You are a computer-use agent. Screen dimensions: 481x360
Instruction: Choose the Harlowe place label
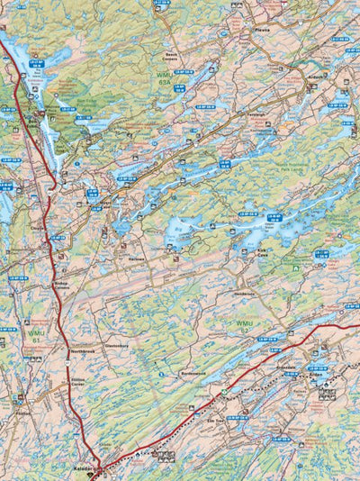(x=137, y=259)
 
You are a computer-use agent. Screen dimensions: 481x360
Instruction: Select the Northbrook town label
(x=83, y=351)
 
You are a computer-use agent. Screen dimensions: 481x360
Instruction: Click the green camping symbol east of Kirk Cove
(x=295, y=267)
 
